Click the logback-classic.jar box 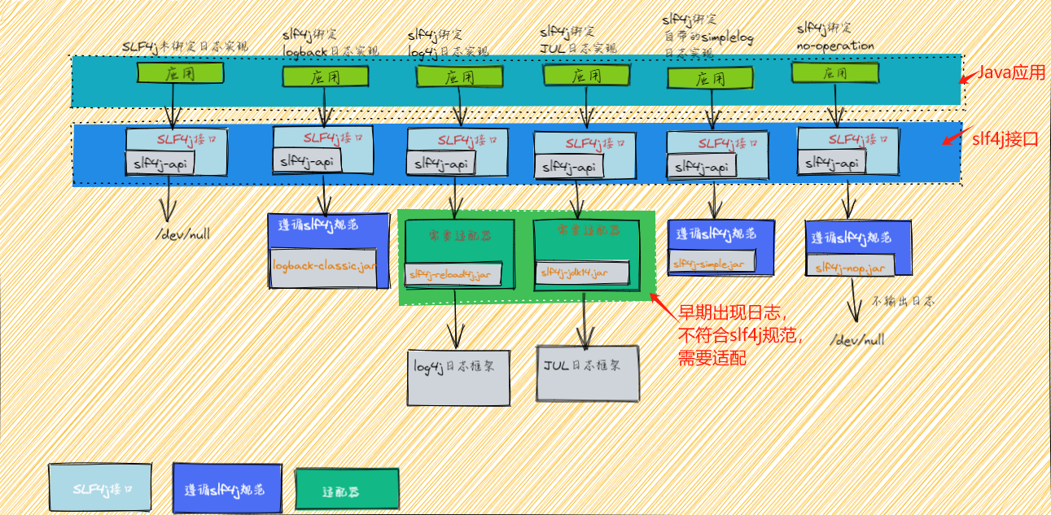point(323,267)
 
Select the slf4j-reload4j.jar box point(453,274)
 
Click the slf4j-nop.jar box point(849,266)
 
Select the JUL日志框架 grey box point(587,373)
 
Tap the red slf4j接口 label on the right point(1001,137)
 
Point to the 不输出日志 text point(904,301)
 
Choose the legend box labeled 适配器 point(347,491)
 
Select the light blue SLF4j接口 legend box point(101,489)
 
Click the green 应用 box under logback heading point(326,77)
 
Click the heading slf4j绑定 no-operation point(834,37)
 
